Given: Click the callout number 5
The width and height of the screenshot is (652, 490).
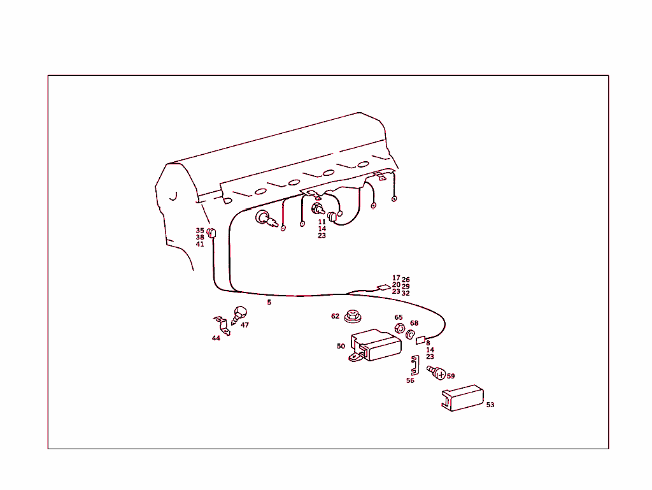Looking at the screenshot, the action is [x=269, y=303].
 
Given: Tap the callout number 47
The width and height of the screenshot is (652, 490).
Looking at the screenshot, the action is [x=244, y=325].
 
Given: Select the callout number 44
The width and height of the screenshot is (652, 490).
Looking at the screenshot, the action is [x=216, y=338].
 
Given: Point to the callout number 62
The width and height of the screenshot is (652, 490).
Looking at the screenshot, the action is [x=335, y=316].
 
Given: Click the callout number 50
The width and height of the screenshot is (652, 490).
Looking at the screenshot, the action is [x=341, y=346].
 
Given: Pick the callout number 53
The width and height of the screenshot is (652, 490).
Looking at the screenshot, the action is [x=490, y=405].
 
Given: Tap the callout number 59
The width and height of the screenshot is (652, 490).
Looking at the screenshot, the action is [x=451, y=376].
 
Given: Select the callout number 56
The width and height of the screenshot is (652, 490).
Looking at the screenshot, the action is [x=410, y=380].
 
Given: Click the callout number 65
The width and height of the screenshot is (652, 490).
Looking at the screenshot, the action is [x=399, y=317].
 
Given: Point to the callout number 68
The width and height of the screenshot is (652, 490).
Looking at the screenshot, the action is [x=414, y=323].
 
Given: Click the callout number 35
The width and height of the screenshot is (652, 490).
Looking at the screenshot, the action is [x=200, y=231].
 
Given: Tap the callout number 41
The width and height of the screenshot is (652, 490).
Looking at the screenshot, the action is [x=200, y=244].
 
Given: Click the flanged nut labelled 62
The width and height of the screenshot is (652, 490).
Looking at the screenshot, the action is [x=353, y=317].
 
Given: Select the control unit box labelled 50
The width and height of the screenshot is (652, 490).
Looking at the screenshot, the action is [x=376, y=345].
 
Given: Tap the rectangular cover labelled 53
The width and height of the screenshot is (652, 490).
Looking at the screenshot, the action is [x=462, y=398].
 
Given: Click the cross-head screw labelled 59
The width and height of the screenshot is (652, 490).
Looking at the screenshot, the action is [x=437, y=372].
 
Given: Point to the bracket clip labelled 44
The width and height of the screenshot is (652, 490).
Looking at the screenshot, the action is [x=222, y=325].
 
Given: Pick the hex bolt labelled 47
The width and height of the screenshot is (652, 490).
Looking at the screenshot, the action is [x=239, y=315].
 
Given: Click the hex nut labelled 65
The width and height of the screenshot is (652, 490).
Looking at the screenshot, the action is [x=399, y=328].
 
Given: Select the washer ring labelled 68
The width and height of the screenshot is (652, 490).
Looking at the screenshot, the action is [x=411, y=334].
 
